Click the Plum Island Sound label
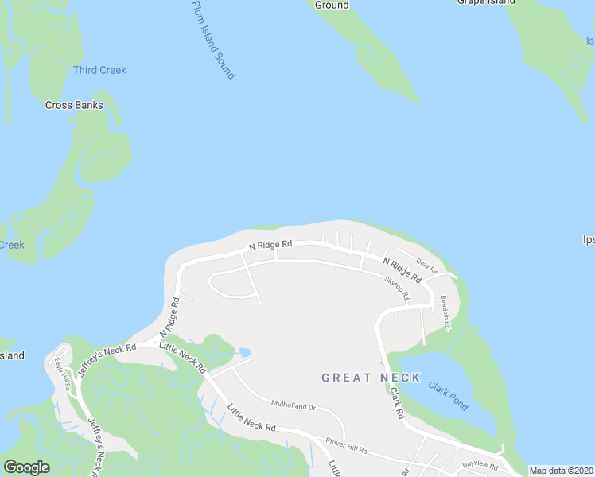click(x=213, y=39)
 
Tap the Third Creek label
click(x=99, y=70)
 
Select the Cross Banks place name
click(x=74, y=105)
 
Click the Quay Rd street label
click(x=427, y=265)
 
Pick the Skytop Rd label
click(x=396, y=288)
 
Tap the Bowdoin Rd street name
click(x=447, y=314)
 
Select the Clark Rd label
click(x=395, y=404)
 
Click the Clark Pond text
click(x=448, y=391)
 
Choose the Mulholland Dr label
click(x=294, y=406)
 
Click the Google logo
click(x=26, y=467)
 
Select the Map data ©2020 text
click(x=561, y=471)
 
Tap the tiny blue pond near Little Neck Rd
click(x=244, y=352)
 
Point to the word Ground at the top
click(x=332, y=5)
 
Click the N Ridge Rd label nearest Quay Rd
click(x=402, y=270)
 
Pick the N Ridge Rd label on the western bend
click(x=169, y=316)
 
